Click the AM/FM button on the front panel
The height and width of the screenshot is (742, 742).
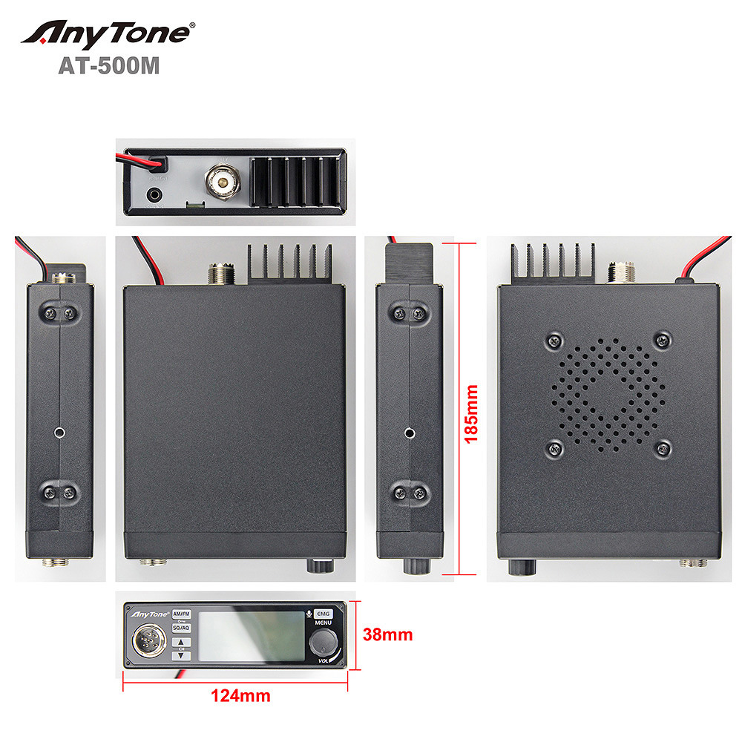[181, 614]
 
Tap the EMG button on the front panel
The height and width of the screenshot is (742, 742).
[324, 614]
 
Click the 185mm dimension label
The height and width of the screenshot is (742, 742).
[470, 413]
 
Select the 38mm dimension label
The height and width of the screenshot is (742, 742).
[387, 635]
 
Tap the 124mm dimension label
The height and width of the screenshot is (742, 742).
[240, 696]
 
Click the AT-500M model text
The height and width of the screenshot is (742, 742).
[108, 66]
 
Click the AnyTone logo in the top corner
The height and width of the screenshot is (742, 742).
[108, 33]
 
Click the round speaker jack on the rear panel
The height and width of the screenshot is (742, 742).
[155, 195]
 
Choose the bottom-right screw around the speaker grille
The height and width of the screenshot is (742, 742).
[663, 447]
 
